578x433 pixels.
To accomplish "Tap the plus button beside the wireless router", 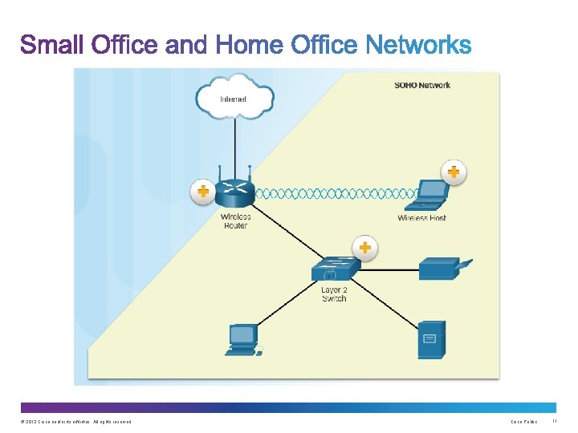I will (202, 192).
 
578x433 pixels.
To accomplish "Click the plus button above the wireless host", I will (454, 172).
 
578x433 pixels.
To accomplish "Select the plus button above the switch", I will (364, 247).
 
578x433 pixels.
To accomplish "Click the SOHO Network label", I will (422, 85).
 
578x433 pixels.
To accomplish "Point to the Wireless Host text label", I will (422, 218).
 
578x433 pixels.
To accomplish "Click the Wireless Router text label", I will (236, 221).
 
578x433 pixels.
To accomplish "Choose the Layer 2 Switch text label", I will (334, 294).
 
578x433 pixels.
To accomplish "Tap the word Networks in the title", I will (418, 45).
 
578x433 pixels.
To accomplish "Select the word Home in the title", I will (248, 45).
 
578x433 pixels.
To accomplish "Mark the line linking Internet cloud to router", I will (234, 144).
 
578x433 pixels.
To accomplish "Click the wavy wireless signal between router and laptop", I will (337, 193).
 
